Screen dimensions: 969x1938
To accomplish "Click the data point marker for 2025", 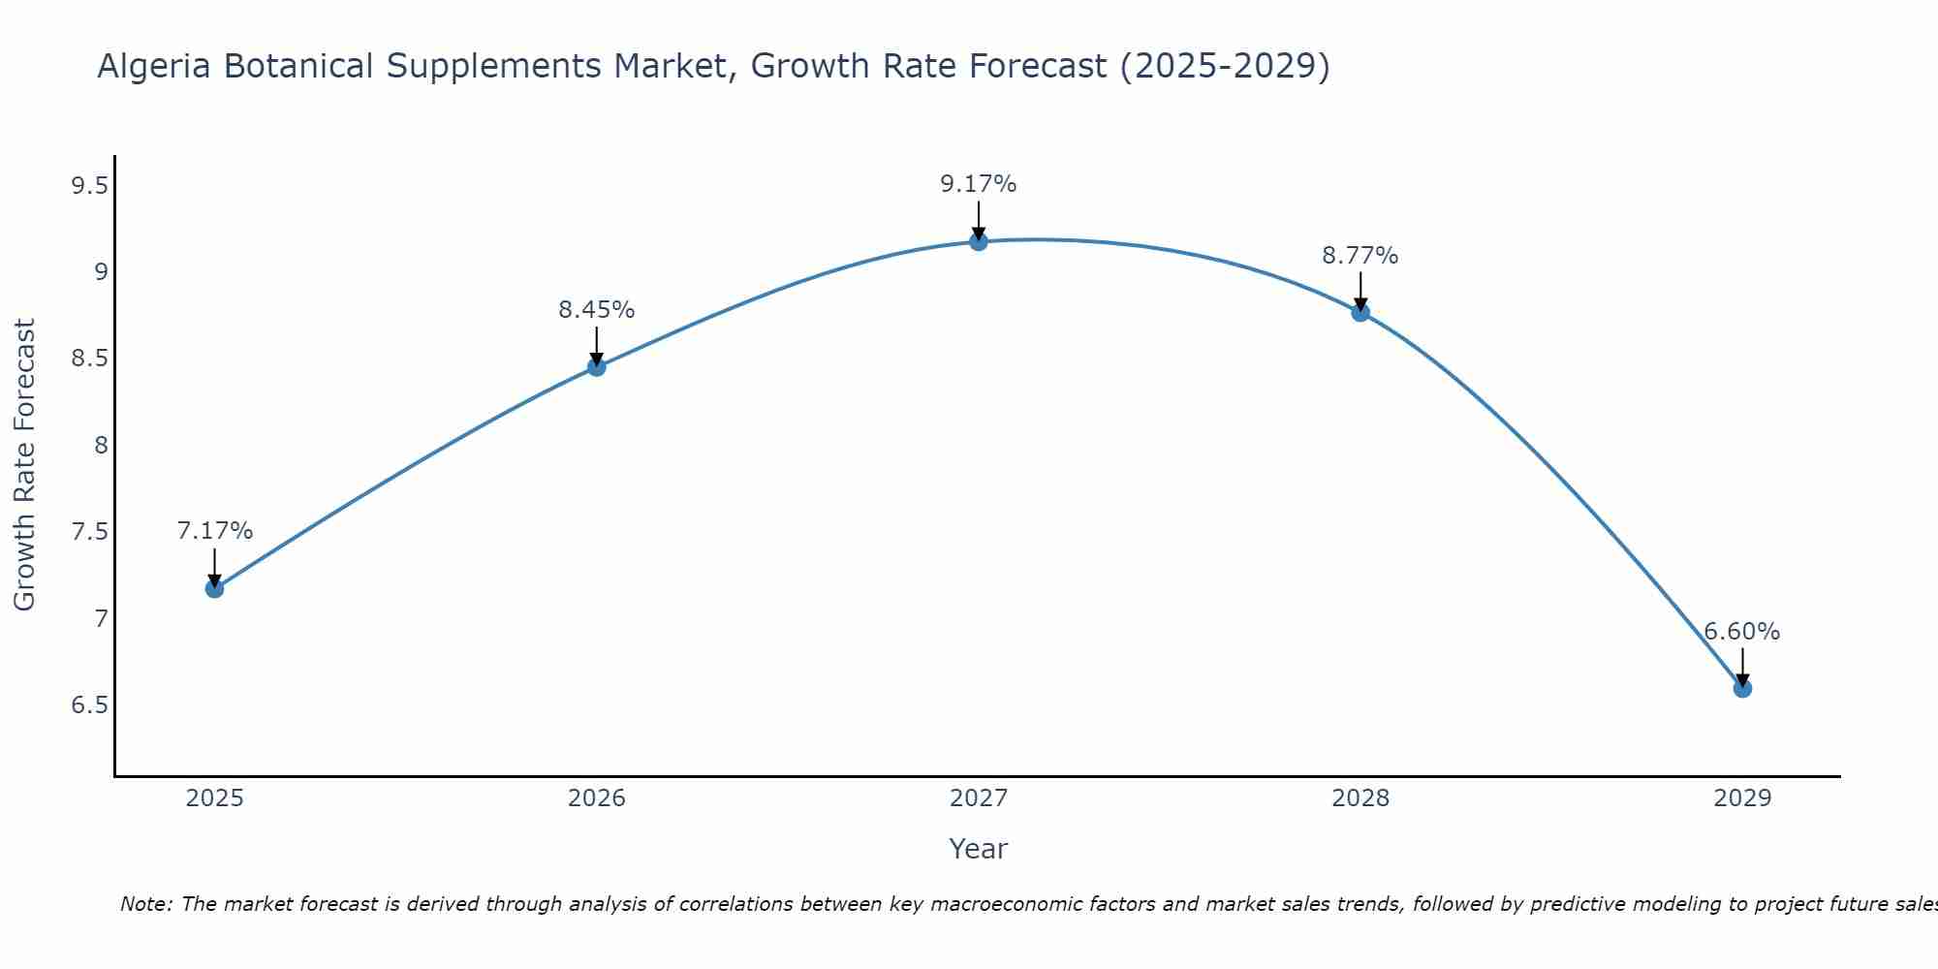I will [214, 588].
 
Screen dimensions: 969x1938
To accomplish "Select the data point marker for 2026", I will [596, 366].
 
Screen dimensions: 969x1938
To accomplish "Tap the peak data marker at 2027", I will [978, 241].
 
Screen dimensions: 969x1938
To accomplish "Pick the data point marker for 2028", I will [1360, 312].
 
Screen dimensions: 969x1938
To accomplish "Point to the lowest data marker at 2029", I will [1741, 688].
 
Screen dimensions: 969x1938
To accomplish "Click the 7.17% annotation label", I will [214, 531].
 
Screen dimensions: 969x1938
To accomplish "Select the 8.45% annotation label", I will [596, 310].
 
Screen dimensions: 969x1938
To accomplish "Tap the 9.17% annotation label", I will [978, 184].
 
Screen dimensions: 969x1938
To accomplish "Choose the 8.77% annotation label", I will [1360, 256].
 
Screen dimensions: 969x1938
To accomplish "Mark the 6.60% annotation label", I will [1741, 632].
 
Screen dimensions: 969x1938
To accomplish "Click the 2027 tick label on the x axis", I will [978, 798].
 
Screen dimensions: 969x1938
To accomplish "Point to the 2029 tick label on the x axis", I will [1741, 798].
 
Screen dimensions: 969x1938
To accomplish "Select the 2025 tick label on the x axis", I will [214, 798].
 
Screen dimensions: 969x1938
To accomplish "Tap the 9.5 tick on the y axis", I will [89, 186].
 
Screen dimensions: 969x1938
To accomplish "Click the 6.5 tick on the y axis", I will [89, 704].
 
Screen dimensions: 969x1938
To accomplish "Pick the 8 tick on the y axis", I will [100, 446].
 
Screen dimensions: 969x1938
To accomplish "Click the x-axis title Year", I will [978, 849].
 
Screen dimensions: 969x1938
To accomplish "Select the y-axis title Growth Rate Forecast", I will [24, 464].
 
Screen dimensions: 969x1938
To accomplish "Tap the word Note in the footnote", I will [144, 904].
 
